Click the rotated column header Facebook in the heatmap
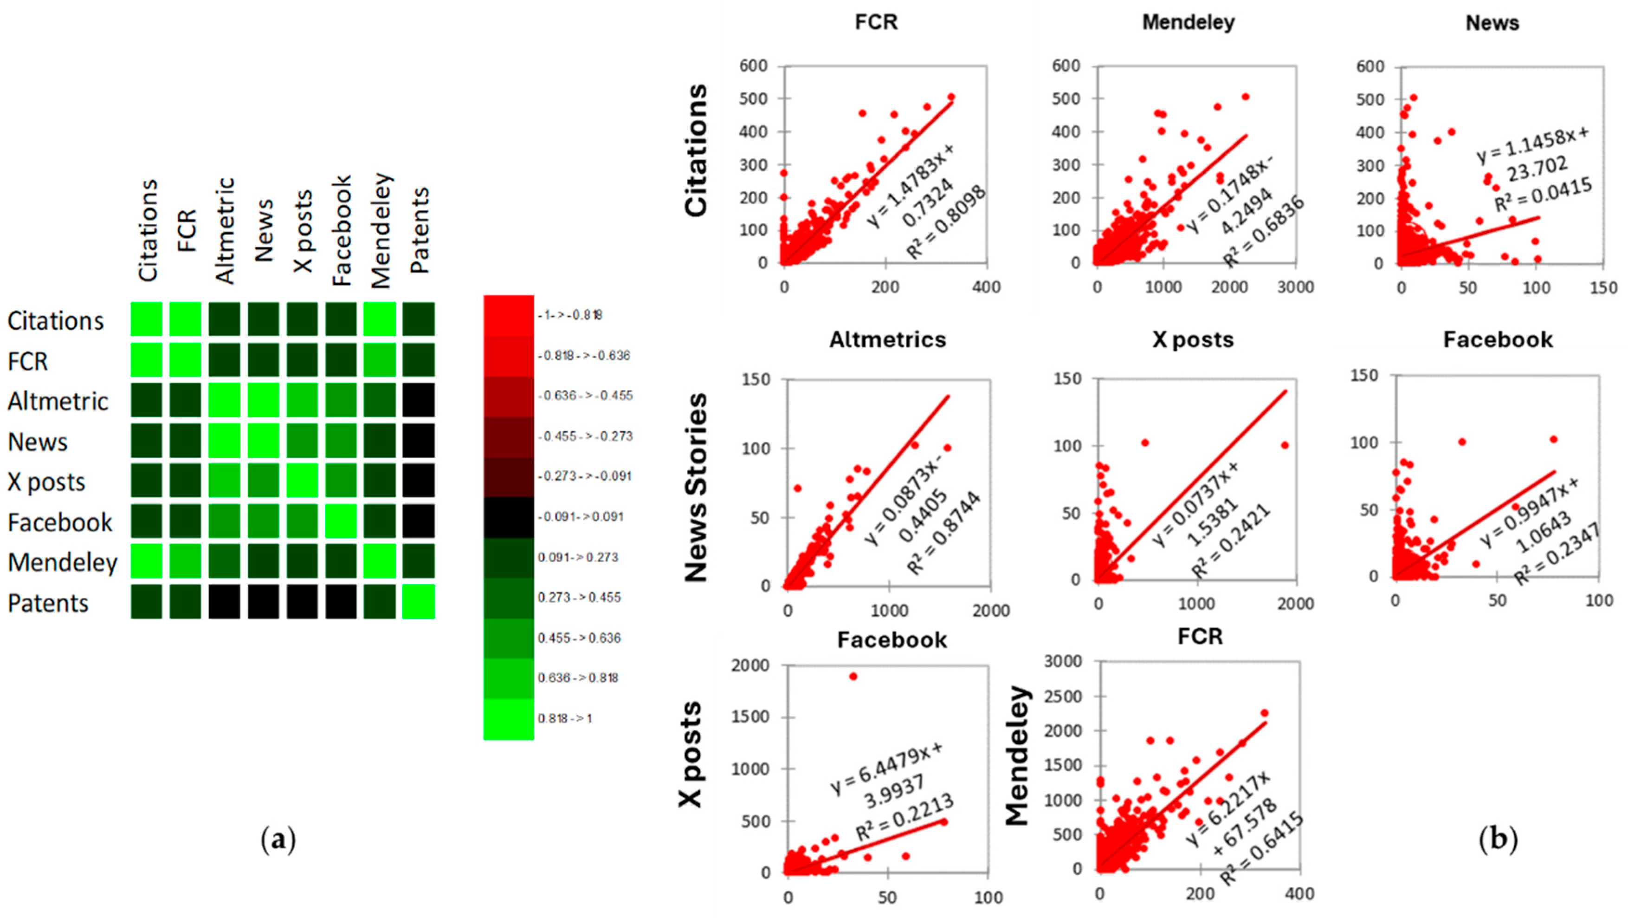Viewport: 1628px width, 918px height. point(341,231)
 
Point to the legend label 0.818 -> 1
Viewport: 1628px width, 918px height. point(565,718)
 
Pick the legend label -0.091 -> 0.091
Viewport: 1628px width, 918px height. point(580,516)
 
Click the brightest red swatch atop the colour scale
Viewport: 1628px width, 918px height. point(508,315)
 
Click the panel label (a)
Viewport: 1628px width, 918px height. point(278,840)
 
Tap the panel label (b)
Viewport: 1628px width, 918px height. point(1498,839)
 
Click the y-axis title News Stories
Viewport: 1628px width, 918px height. point(696,487)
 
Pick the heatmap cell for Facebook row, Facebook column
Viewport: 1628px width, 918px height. point(341,521)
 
